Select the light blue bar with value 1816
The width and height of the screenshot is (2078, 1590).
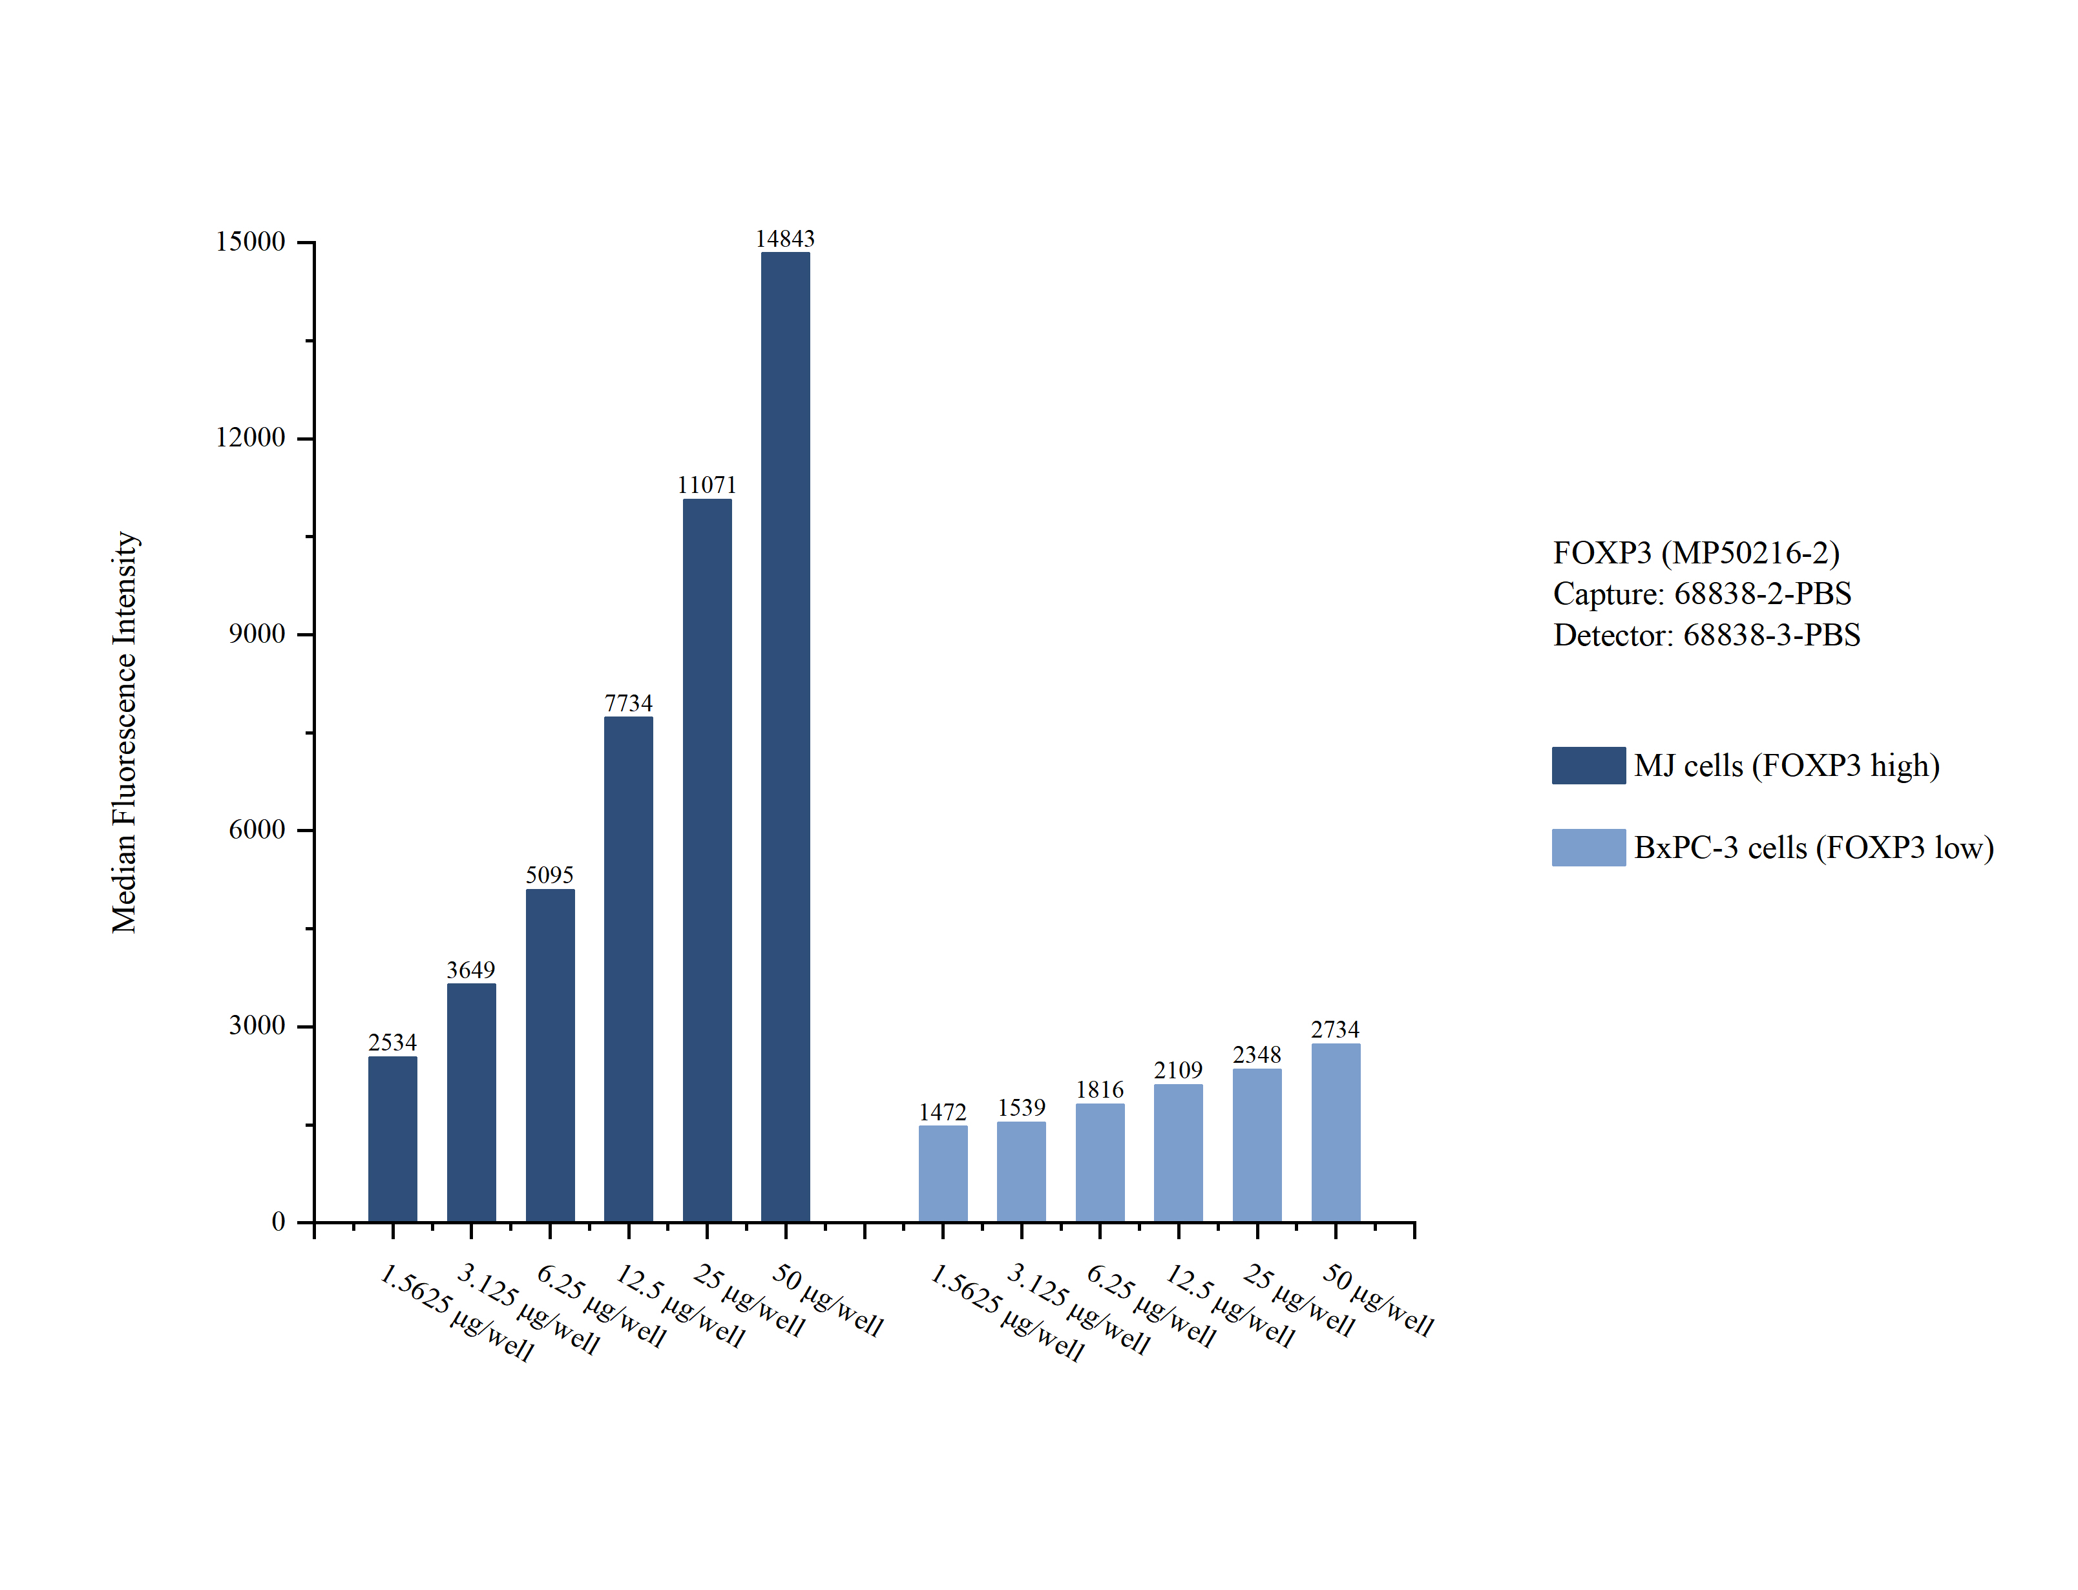1100,1162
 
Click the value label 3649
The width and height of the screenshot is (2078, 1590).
470,970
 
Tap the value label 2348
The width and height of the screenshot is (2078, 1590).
1257,1054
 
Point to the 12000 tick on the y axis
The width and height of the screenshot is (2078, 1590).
251,437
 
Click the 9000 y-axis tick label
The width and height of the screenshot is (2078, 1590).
257,633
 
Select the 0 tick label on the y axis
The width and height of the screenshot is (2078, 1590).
278,1222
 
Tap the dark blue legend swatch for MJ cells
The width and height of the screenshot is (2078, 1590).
1588,765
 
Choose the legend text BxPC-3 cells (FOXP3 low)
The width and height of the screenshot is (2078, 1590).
1813,847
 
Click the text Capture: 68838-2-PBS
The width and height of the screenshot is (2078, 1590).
1701,593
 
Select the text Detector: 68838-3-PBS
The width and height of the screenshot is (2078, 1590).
1706,634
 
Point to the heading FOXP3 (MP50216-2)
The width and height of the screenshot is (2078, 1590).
1695,552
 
